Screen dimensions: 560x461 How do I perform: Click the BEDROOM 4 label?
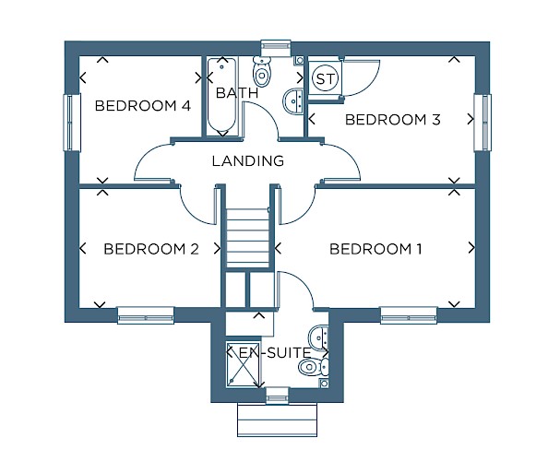(142, 106)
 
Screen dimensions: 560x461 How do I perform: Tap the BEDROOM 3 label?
(392, 120)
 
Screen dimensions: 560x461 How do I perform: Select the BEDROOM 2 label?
(151, 249)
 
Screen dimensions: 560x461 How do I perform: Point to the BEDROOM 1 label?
(375, 249)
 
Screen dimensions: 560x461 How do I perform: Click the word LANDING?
(248, 161)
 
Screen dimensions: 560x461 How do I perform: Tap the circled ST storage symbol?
(325, 78)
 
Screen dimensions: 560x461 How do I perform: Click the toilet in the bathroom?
(262, 71)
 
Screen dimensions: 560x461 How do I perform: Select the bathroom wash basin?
(293, 101)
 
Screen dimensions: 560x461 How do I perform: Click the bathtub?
(221, 96)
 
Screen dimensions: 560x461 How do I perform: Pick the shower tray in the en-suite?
(244, 363)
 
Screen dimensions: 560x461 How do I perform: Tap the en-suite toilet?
(314, 366)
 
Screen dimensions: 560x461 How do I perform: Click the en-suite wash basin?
(318, 337)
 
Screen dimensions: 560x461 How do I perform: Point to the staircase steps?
(247, 238)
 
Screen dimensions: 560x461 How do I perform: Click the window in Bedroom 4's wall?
(72, 123)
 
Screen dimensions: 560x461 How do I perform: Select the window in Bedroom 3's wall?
(483, 123)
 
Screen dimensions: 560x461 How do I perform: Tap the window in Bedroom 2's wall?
(146, 315)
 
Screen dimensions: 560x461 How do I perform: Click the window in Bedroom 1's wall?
(409, 315)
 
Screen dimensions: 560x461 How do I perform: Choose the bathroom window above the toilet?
(275, 48)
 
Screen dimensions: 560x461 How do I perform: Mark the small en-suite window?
(277, 396)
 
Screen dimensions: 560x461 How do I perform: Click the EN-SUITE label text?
(275, 353)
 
